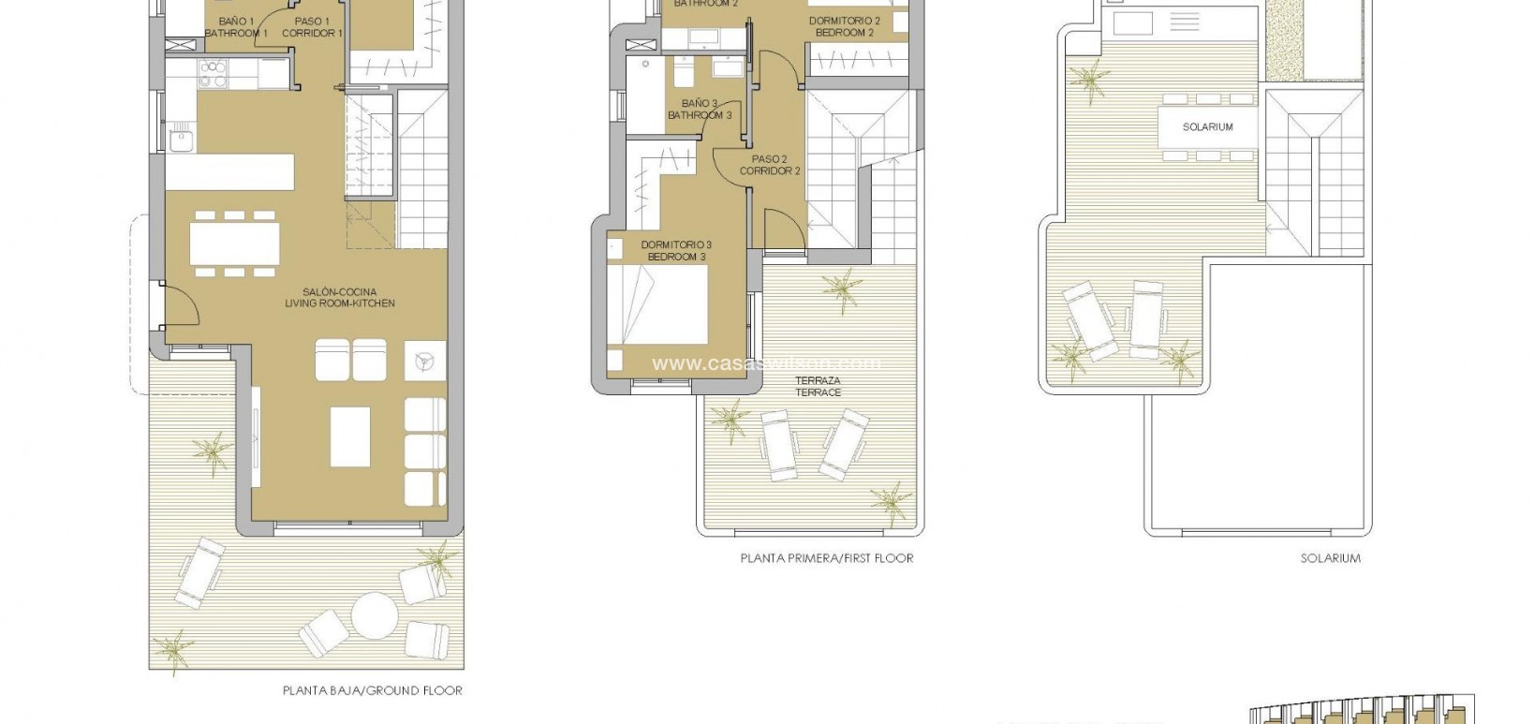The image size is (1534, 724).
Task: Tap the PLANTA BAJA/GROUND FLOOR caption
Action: tap(372, 691)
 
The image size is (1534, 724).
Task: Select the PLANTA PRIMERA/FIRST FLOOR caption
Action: tap(826, 558)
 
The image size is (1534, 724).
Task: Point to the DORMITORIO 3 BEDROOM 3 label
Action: tap(676, 251)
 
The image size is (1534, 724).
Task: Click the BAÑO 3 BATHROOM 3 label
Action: tap(700, 110)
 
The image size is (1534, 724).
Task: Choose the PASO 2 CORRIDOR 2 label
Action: tap(770, 165)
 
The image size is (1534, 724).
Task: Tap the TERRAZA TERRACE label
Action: tap(818, 387)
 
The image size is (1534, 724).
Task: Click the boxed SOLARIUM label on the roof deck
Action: tap(1207, 126)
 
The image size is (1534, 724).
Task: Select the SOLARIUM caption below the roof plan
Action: tap(1330, 558)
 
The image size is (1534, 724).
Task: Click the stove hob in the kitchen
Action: tap(213, 73)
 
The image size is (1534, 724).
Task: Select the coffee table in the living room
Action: tap(349, 436)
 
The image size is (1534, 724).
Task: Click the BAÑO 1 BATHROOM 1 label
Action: tap(236, 27)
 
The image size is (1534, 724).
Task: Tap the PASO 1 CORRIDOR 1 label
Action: tap(312, 27)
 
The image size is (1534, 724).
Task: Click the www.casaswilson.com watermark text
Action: tap(766, 363)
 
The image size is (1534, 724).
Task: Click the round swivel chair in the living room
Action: tap(422, 360)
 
